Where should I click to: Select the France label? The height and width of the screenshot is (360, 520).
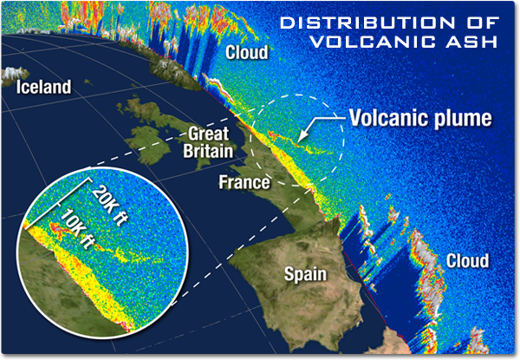click(244, 182)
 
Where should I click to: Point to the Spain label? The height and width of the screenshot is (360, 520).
click(306, 274)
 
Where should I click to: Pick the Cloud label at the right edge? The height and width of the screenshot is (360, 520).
click(467, 260)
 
